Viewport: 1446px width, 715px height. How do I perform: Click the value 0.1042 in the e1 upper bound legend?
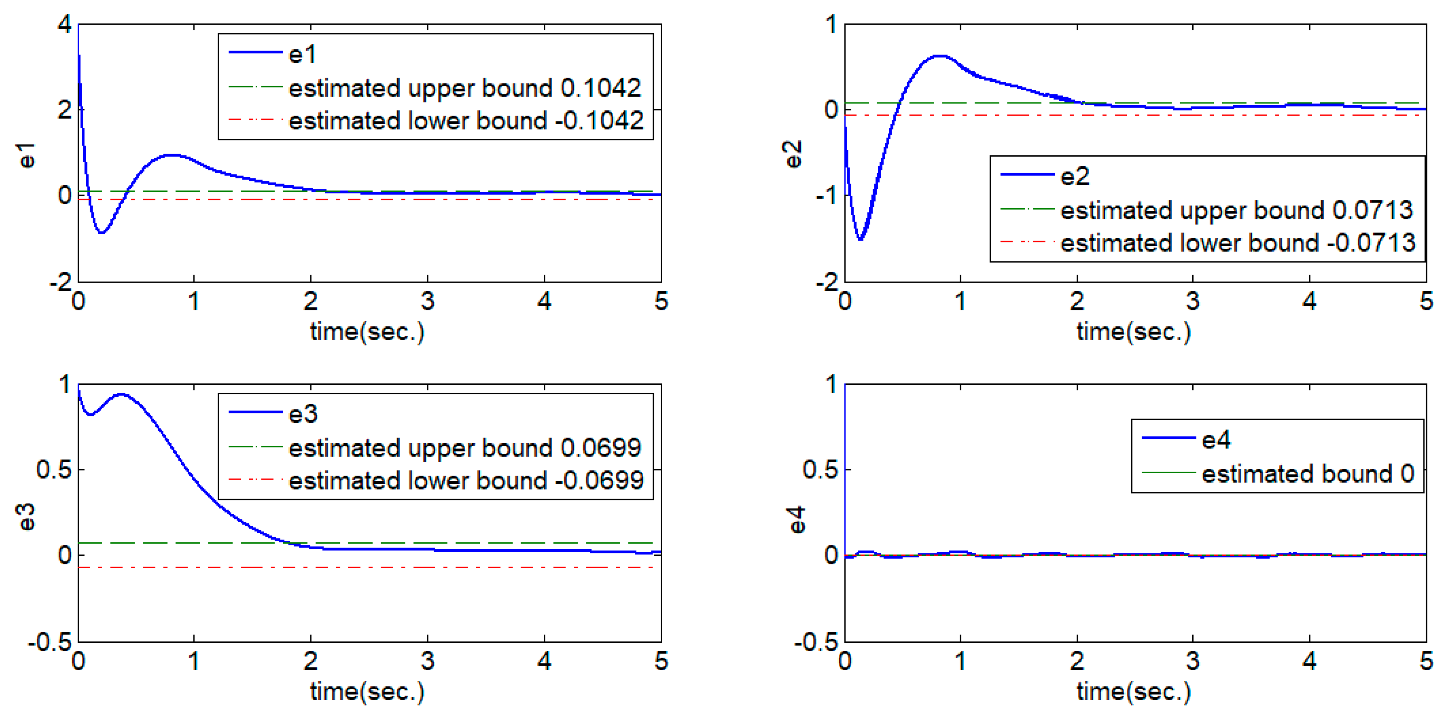tap(601, 88)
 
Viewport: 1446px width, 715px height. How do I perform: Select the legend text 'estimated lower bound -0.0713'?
tap(1237, 243)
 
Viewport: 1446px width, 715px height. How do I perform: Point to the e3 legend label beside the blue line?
tap(303, 414)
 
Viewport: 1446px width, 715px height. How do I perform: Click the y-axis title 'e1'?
tap(26, 155)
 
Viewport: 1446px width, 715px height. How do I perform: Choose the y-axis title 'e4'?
tap(796, 519)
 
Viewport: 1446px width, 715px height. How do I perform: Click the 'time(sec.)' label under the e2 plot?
tap(1133, 332)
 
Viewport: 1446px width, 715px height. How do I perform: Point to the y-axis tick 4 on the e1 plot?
tap(65, 25)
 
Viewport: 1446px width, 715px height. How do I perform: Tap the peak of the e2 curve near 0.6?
tap(940, 56)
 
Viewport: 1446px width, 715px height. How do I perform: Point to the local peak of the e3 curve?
tap(122, 395)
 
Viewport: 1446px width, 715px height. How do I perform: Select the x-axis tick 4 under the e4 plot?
tap(1310, 662)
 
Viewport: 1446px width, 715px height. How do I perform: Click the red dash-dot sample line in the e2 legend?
tap(1027, 242)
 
